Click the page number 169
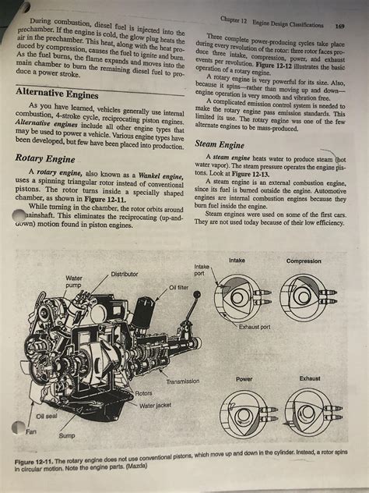340,25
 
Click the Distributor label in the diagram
125,274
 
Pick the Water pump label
75,282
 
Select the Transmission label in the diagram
183,381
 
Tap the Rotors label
144,394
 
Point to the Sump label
67,435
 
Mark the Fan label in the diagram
30,431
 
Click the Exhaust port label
255,327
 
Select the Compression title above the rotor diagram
304,261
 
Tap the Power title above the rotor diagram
244,378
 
